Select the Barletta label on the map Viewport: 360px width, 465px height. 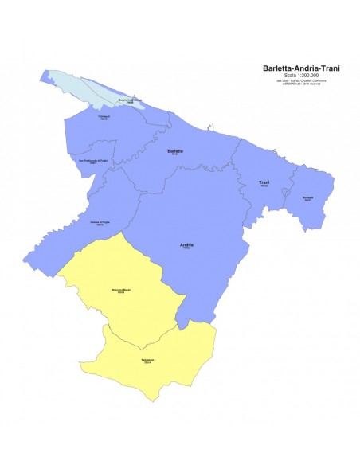tap(176, 150)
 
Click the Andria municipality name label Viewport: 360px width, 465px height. tap(187, 244)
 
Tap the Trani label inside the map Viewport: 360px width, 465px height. tap(264, 182)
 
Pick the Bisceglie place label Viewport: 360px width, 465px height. tap(308, 197)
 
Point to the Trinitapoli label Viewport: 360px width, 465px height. tap(104, 117)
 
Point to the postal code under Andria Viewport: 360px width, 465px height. tap(187, 248)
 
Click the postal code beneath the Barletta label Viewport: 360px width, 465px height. tap(176, 154)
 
